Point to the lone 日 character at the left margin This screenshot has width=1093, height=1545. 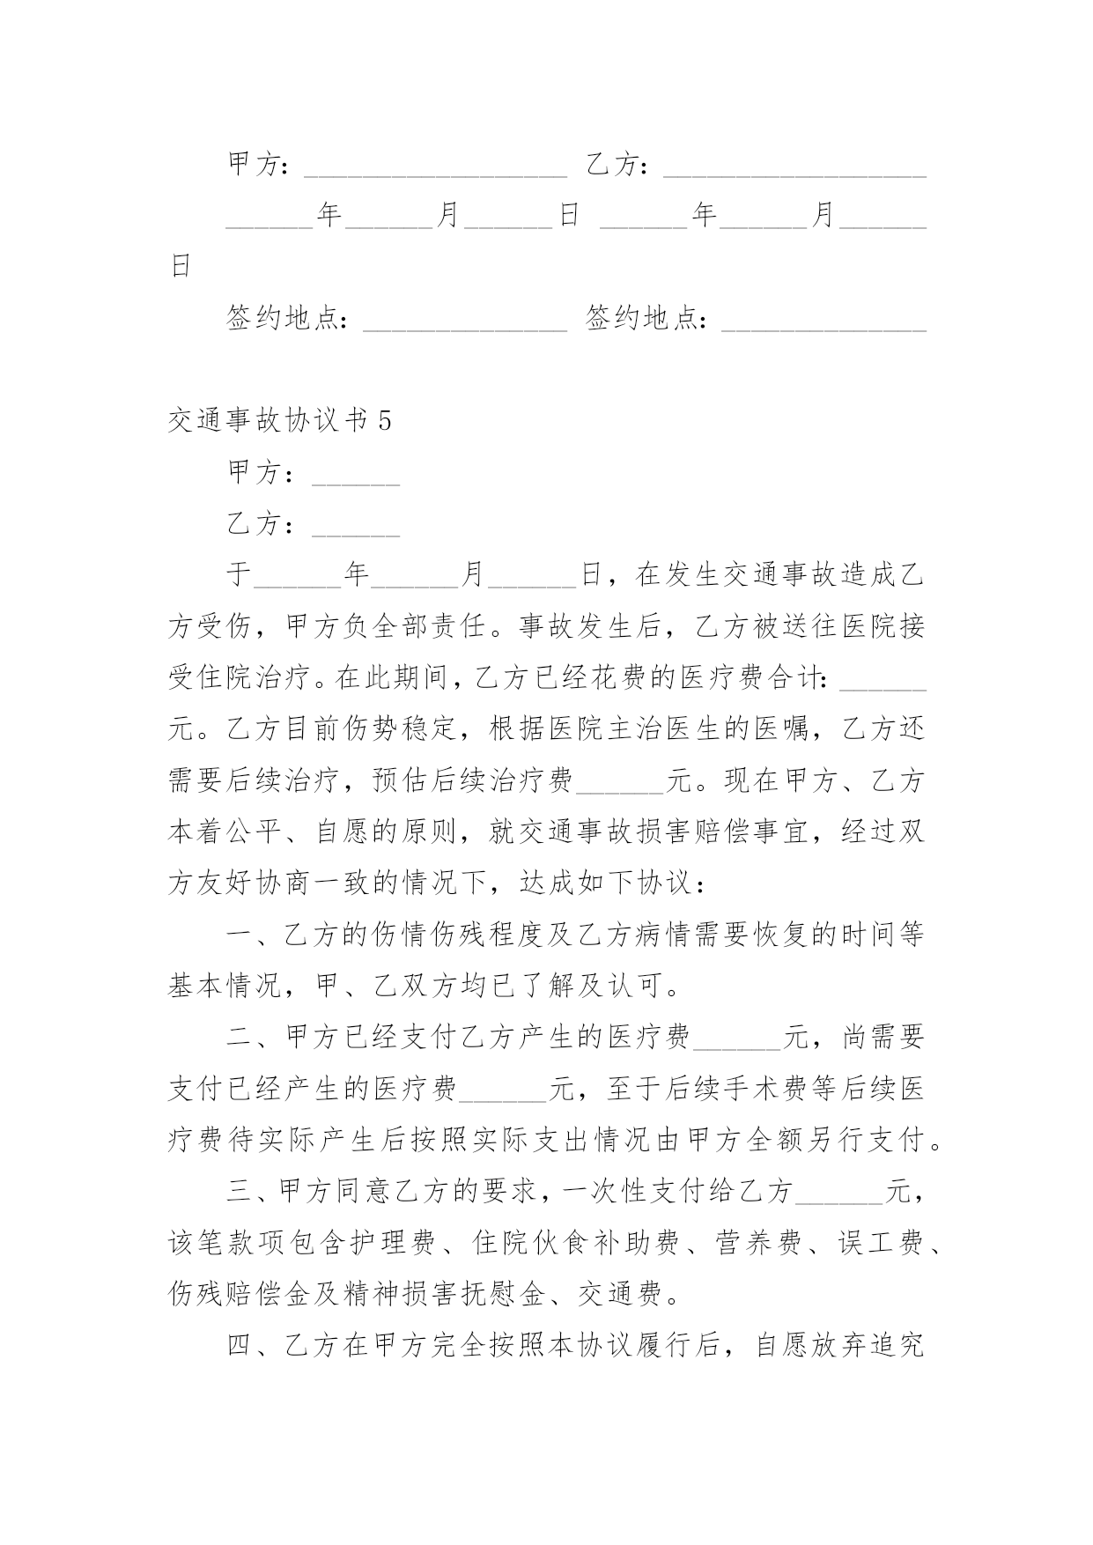[181, 267]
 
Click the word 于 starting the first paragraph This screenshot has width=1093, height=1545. [240, 576]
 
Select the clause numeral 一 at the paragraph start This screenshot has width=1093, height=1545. [240, 935]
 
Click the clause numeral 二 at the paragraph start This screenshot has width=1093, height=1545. [240, 1038]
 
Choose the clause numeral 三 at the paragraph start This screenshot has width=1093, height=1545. [240, 1193]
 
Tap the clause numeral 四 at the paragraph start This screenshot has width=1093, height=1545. [240, 1346]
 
